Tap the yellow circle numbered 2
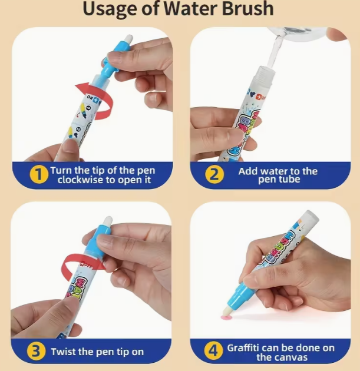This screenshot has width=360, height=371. [215, 175]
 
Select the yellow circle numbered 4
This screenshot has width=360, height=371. [213, 352]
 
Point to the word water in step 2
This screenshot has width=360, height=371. [277, 171]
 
